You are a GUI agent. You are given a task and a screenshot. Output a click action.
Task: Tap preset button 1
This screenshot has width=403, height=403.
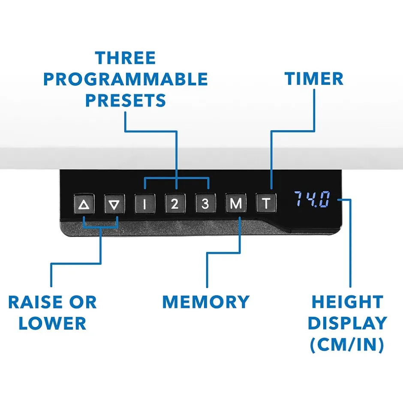coord(144,204)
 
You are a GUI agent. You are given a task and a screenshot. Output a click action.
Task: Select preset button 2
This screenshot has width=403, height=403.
coord(175,204)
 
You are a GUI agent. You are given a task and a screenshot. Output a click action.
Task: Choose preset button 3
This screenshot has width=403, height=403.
coord(205,204)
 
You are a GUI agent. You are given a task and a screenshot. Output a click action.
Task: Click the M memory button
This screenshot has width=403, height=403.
coord(236,204)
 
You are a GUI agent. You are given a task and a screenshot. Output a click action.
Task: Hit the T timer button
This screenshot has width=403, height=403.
coord(266,204)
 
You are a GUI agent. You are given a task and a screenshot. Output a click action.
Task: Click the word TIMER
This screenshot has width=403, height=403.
coord(314,79)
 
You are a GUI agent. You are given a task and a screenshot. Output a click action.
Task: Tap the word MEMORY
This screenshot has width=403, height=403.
coord(206,302)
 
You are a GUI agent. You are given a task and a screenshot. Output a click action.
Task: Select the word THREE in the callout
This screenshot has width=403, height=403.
coord(125,58)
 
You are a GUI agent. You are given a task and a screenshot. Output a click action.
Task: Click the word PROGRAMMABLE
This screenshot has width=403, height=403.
coord(125,79)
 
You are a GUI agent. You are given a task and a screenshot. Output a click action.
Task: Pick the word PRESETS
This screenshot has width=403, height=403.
coord(125,101)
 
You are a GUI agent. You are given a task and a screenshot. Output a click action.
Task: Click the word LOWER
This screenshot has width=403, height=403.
coord(52,324)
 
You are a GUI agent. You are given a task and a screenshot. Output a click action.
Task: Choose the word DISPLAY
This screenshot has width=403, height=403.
coord(347,324)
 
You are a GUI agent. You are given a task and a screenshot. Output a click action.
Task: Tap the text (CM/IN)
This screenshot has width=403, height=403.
coord(346,346)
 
